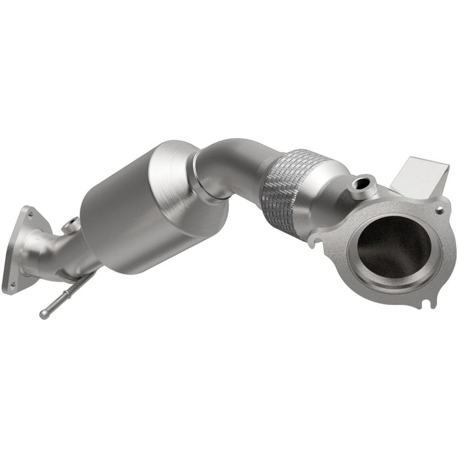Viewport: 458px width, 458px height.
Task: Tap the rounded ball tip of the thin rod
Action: coord(43,315)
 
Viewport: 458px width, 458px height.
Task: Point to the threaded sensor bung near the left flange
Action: coord(71,226)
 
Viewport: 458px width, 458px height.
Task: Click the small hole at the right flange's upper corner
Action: coord(439,211)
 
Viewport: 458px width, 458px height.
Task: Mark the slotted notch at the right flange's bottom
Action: coord(429,303)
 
